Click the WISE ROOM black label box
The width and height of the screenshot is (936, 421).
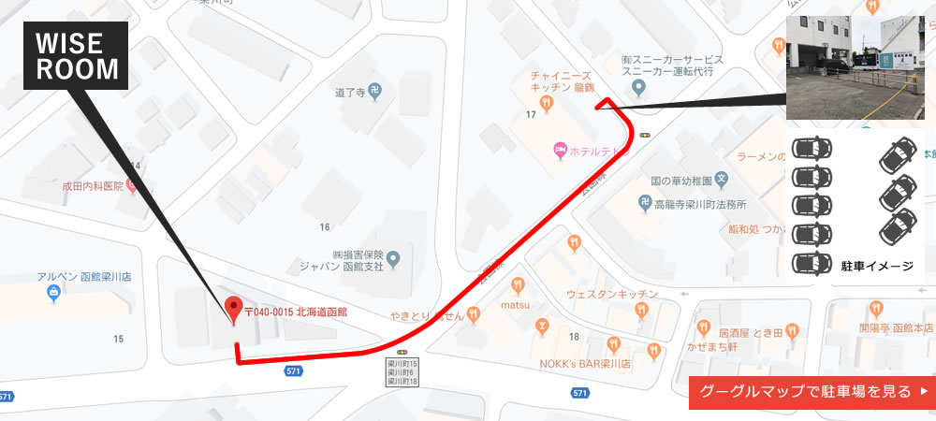(77, 56)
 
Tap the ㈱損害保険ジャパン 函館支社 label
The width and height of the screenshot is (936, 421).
(337, 260)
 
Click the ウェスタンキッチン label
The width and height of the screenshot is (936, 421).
(612, 295)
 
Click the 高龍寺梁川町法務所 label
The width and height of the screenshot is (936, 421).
(699, 204)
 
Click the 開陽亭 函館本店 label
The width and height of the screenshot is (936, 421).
(896, 328)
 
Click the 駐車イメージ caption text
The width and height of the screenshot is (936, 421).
(877, 266)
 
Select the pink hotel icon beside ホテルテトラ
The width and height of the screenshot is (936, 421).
(560, 148)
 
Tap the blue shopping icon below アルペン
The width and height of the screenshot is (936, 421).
(53, 294)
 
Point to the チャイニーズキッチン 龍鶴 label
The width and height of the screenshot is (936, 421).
(559, 81)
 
